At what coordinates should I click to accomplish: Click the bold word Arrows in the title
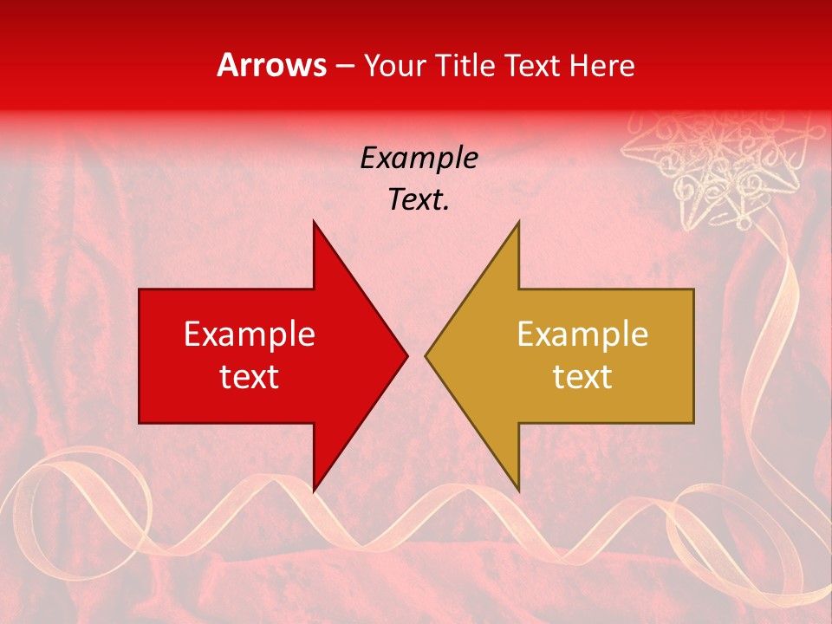pyautogui.click(x=271, y=65)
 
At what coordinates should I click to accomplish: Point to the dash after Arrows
pyautogui.click(x=344, y=67)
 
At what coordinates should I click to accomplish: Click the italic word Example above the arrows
pyautogui.click(x=419, y=159)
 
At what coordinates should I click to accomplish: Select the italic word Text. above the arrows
pyautogui.click(x=419, y=200)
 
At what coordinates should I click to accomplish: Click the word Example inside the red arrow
pyautogui.click(x=249, y=335)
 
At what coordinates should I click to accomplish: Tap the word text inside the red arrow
pyautogui.click(x=249, y=376)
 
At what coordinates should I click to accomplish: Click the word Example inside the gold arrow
pyautogui.click(x=582, y=335)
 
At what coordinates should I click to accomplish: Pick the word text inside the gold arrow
pyautogui.click(x=582, y=376)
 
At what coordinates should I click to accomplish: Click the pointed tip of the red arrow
pyautogui.click(x=406, y=355)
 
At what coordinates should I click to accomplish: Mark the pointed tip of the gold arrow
pyautogui.click(x=426, y=355)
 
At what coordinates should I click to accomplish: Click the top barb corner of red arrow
pyautogui.click(x=314, y=222)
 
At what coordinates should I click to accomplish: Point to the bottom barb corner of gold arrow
pyautogui.click(x=518, y=490)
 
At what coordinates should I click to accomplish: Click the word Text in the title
pyautogui.click(x=532, y=65)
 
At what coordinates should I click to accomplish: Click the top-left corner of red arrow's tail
pyautogui.click(x=140, y=289)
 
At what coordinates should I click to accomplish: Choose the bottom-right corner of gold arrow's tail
pyautogui.click(x=693, y=422)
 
